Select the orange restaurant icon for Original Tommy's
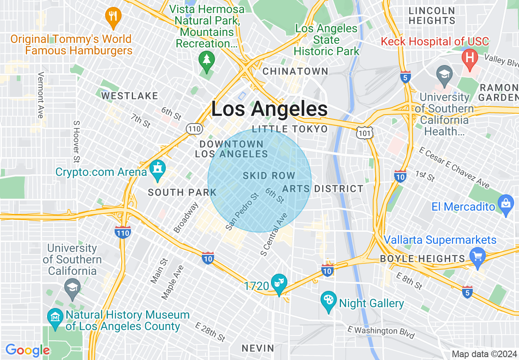113,16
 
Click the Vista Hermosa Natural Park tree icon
207,60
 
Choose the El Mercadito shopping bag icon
506,203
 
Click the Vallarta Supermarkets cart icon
477,257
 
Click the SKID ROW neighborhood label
269,176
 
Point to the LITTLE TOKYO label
290,129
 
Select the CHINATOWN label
295,71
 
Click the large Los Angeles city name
269,109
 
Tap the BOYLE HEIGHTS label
422,259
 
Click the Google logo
27,350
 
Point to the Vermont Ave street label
41,95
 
